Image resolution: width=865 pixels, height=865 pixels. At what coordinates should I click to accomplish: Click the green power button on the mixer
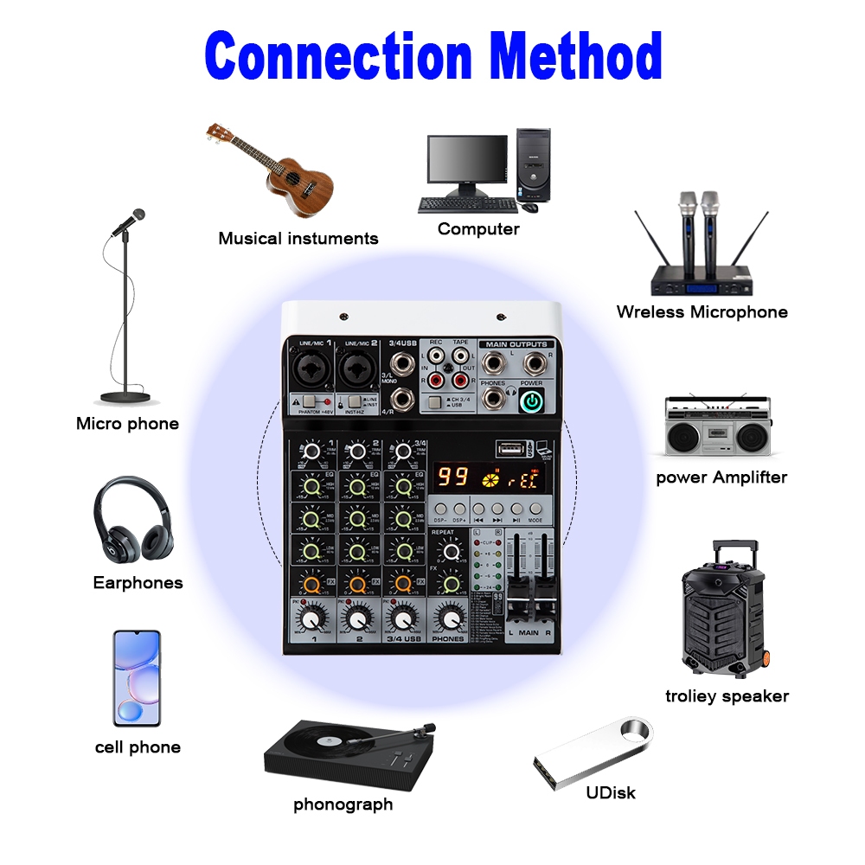(533, 400)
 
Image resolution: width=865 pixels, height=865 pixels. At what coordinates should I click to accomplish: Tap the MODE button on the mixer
(535, 509)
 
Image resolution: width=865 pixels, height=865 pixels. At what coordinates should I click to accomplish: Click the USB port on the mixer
(509, 449)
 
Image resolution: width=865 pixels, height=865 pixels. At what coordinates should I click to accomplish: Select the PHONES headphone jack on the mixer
(493, 398)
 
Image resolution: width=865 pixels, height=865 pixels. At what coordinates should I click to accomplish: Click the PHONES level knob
(448, 617)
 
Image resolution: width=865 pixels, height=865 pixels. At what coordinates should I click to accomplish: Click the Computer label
(478, 229)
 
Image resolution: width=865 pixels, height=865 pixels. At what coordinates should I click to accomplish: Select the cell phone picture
(137, 678)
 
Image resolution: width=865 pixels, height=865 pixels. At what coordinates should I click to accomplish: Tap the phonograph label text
(343, 804)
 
